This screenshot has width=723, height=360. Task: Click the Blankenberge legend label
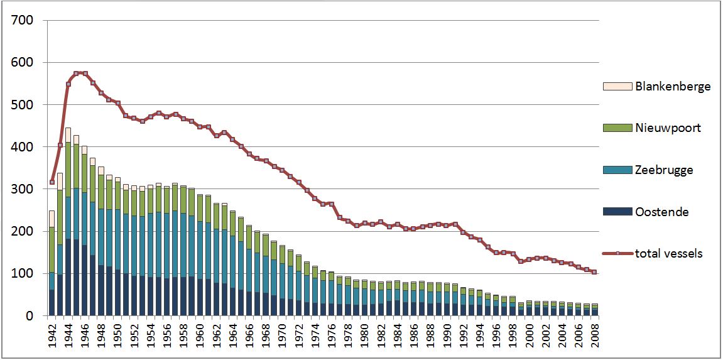pyautogui.click(x=673, y=86)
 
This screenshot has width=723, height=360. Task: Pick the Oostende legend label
pyautogui.click(x=662, y=212)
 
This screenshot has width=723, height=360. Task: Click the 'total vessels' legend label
pyautogui.click(x=668, y=254)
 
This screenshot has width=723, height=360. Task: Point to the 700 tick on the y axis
pyautogui.click(x=24, y=21)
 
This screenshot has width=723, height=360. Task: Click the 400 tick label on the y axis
pyautogui.click(x=24, y=147)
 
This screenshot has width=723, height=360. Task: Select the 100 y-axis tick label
pyautogui.click(x=24, y=274)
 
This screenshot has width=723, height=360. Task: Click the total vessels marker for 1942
pyautogui.click(x=52, y=182)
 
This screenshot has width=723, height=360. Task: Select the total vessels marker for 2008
pyautogui.click(x=594, y=272)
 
